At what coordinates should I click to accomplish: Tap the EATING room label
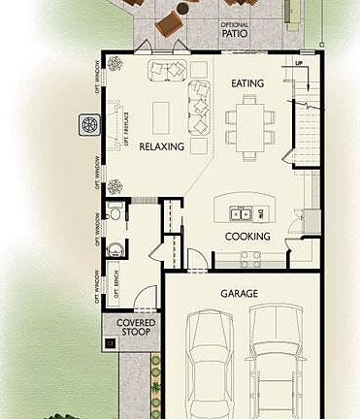pos(247,84)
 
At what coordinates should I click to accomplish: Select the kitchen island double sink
pos(239,213)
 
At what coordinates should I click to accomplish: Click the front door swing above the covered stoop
pos(141,296)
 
